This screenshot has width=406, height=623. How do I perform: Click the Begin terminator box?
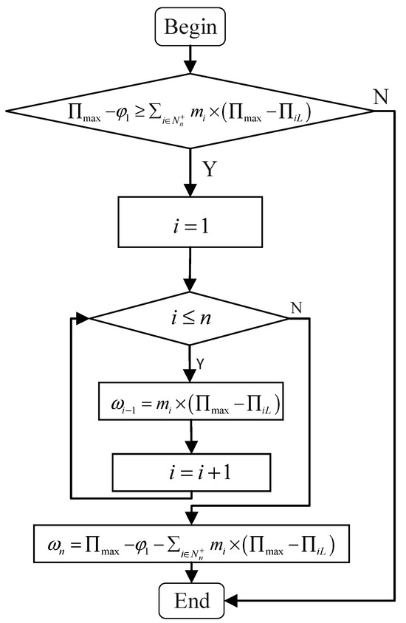coord(190,28)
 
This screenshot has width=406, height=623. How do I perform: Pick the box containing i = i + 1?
coord(190,470)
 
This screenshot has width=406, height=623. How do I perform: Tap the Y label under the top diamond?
coord(210,171)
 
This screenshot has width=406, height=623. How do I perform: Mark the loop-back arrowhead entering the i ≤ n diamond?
coord(82,319)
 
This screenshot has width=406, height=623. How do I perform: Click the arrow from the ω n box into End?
coord(190,572)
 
